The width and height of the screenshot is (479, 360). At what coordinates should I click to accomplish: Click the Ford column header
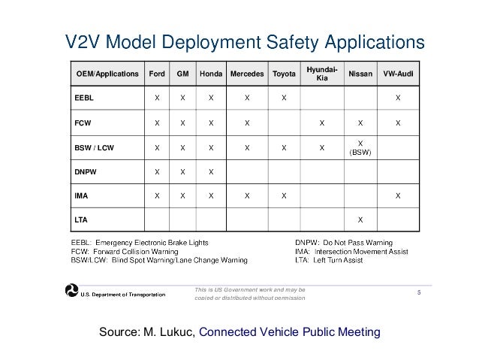coord(157,74)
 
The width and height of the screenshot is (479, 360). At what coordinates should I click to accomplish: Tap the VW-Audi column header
coord(398,74)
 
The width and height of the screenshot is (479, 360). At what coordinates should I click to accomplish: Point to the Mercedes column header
coord(246,74)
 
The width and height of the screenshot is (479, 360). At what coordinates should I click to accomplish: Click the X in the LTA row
coord(360,219)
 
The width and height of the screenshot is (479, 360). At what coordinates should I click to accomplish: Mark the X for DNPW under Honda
coord(211,171)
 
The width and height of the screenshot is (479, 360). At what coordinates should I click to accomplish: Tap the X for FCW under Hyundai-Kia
coord(321,123)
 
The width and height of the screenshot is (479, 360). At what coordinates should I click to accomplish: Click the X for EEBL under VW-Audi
coord(398,98)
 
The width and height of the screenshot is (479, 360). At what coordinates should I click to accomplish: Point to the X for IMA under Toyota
coord(284,195)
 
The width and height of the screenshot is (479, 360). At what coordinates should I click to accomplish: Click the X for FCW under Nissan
coord(360,123)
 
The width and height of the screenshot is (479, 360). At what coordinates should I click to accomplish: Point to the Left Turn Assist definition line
coord(328,261)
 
